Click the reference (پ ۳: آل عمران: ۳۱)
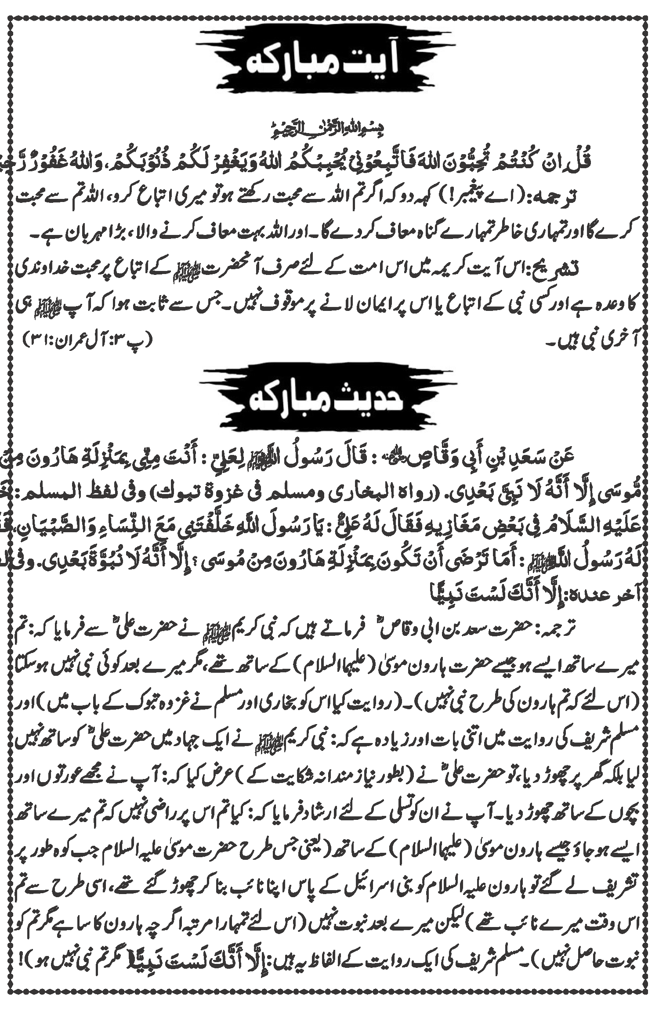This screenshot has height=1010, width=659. (86, 339)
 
